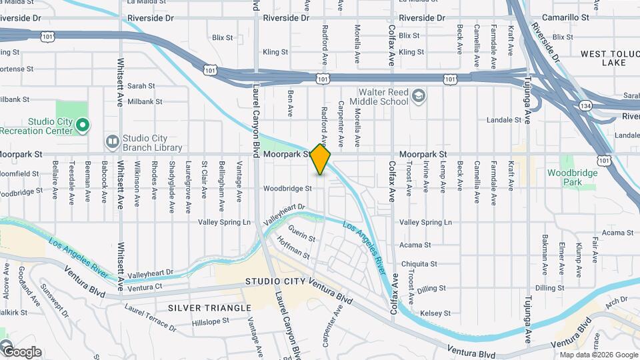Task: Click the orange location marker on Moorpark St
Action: (321, 159)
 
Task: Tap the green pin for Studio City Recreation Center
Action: (82, 125)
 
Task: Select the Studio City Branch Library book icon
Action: (112, 141)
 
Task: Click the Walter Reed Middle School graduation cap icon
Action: (417, 97)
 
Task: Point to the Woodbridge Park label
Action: (565, 177)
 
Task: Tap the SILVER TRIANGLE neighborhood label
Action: (209, 308)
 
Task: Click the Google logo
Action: (22, 352)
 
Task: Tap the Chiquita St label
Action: (419, 263)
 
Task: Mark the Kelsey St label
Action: (435, 313)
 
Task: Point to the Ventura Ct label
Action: (145, 287)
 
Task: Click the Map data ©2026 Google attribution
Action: (598, 355)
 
